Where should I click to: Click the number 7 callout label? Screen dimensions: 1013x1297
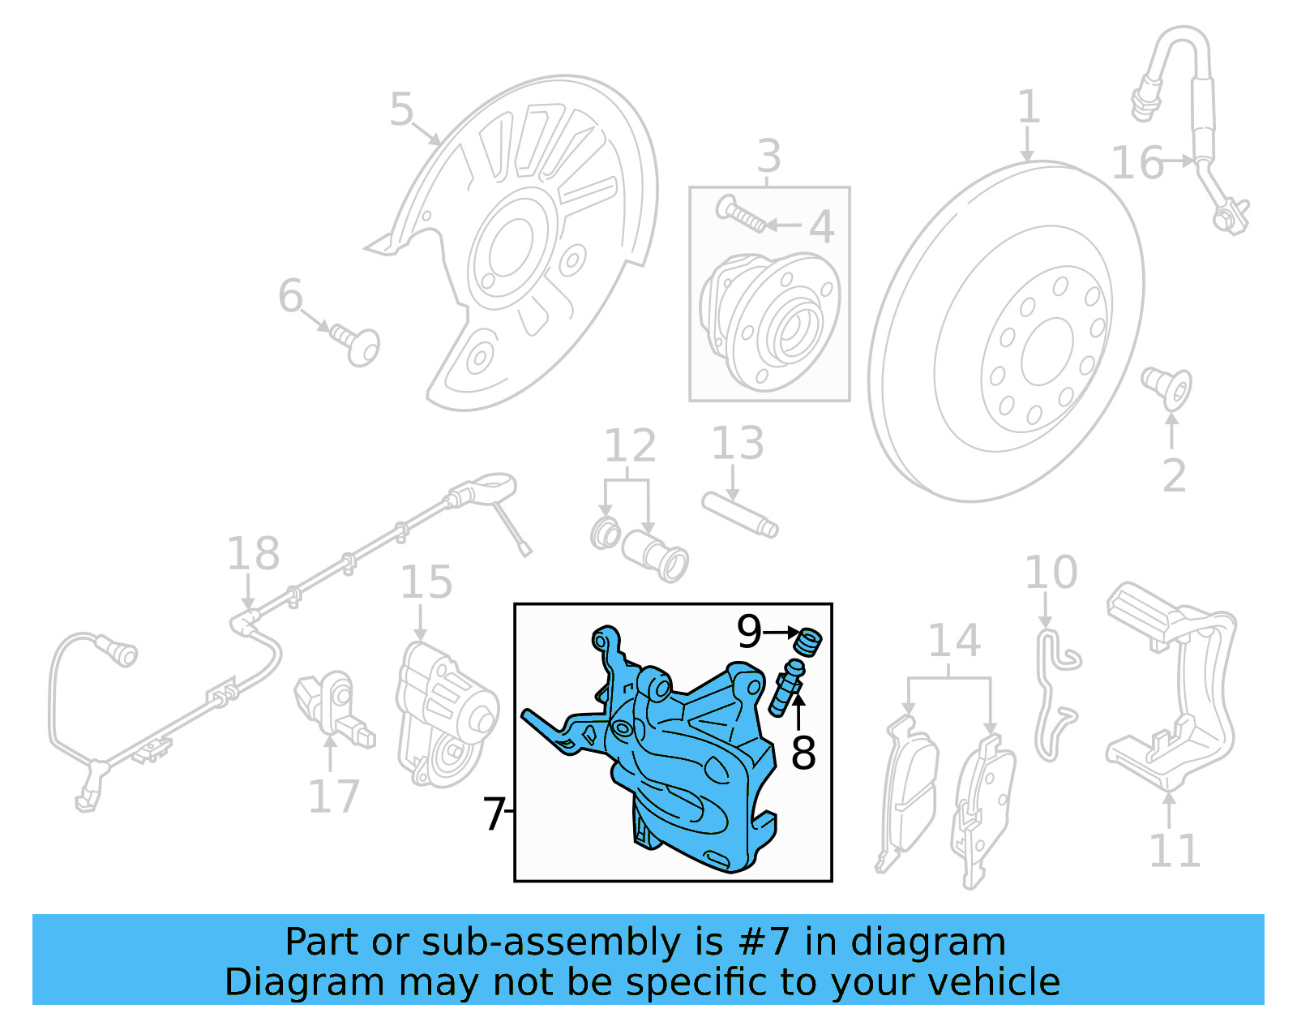[x=494, y=813]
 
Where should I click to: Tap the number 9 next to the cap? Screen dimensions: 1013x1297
[x=749, y=631]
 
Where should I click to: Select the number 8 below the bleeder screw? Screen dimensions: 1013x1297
[x=803, y=753]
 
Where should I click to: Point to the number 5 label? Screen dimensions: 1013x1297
[x=401, y=109]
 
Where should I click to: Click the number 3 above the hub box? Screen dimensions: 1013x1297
[x=768, y=156]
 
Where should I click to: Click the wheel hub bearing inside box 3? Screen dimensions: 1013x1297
[x=770, y=320]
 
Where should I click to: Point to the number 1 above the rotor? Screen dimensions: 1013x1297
[x=1028, y=108]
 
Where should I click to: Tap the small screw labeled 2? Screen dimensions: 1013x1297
[x=1168, y=387]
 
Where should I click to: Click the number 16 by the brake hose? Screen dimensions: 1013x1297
[x=1136, y=163]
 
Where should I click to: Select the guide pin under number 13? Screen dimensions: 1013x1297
[x=740, y=514]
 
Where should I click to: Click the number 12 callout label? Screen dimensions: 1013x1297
[x=630, y=446]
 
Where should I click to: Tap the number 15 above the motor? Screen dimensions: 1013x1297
[x=426, y=582]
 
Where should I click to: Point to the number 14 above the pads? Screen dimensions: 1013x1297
[x=953, y=642]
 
